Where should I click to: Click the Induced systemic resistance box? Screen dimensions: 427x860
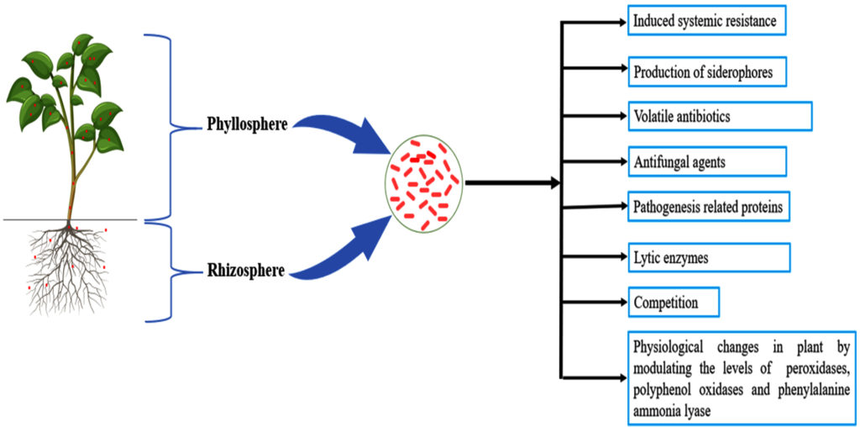click(x=706, y=21)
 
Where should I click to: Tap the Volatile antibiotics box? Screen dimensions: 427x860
click(x=720, y=116)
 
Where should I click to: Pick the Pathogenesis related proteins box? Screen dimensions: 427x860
click(x=709, y=207)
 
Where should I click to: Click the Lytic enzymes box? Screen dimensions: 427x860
click(x=709, y=257)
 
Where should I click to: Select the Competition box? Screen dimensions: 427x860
click(x=674, y=302)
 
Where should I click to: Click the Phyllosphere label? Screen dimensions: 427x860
click(x=248, y=125)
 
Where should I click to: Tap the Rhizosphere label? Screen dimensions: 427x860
click(x=245, y=271)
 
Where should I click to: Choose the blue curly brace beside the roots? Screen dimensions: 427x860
click(x=176, y=271)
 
